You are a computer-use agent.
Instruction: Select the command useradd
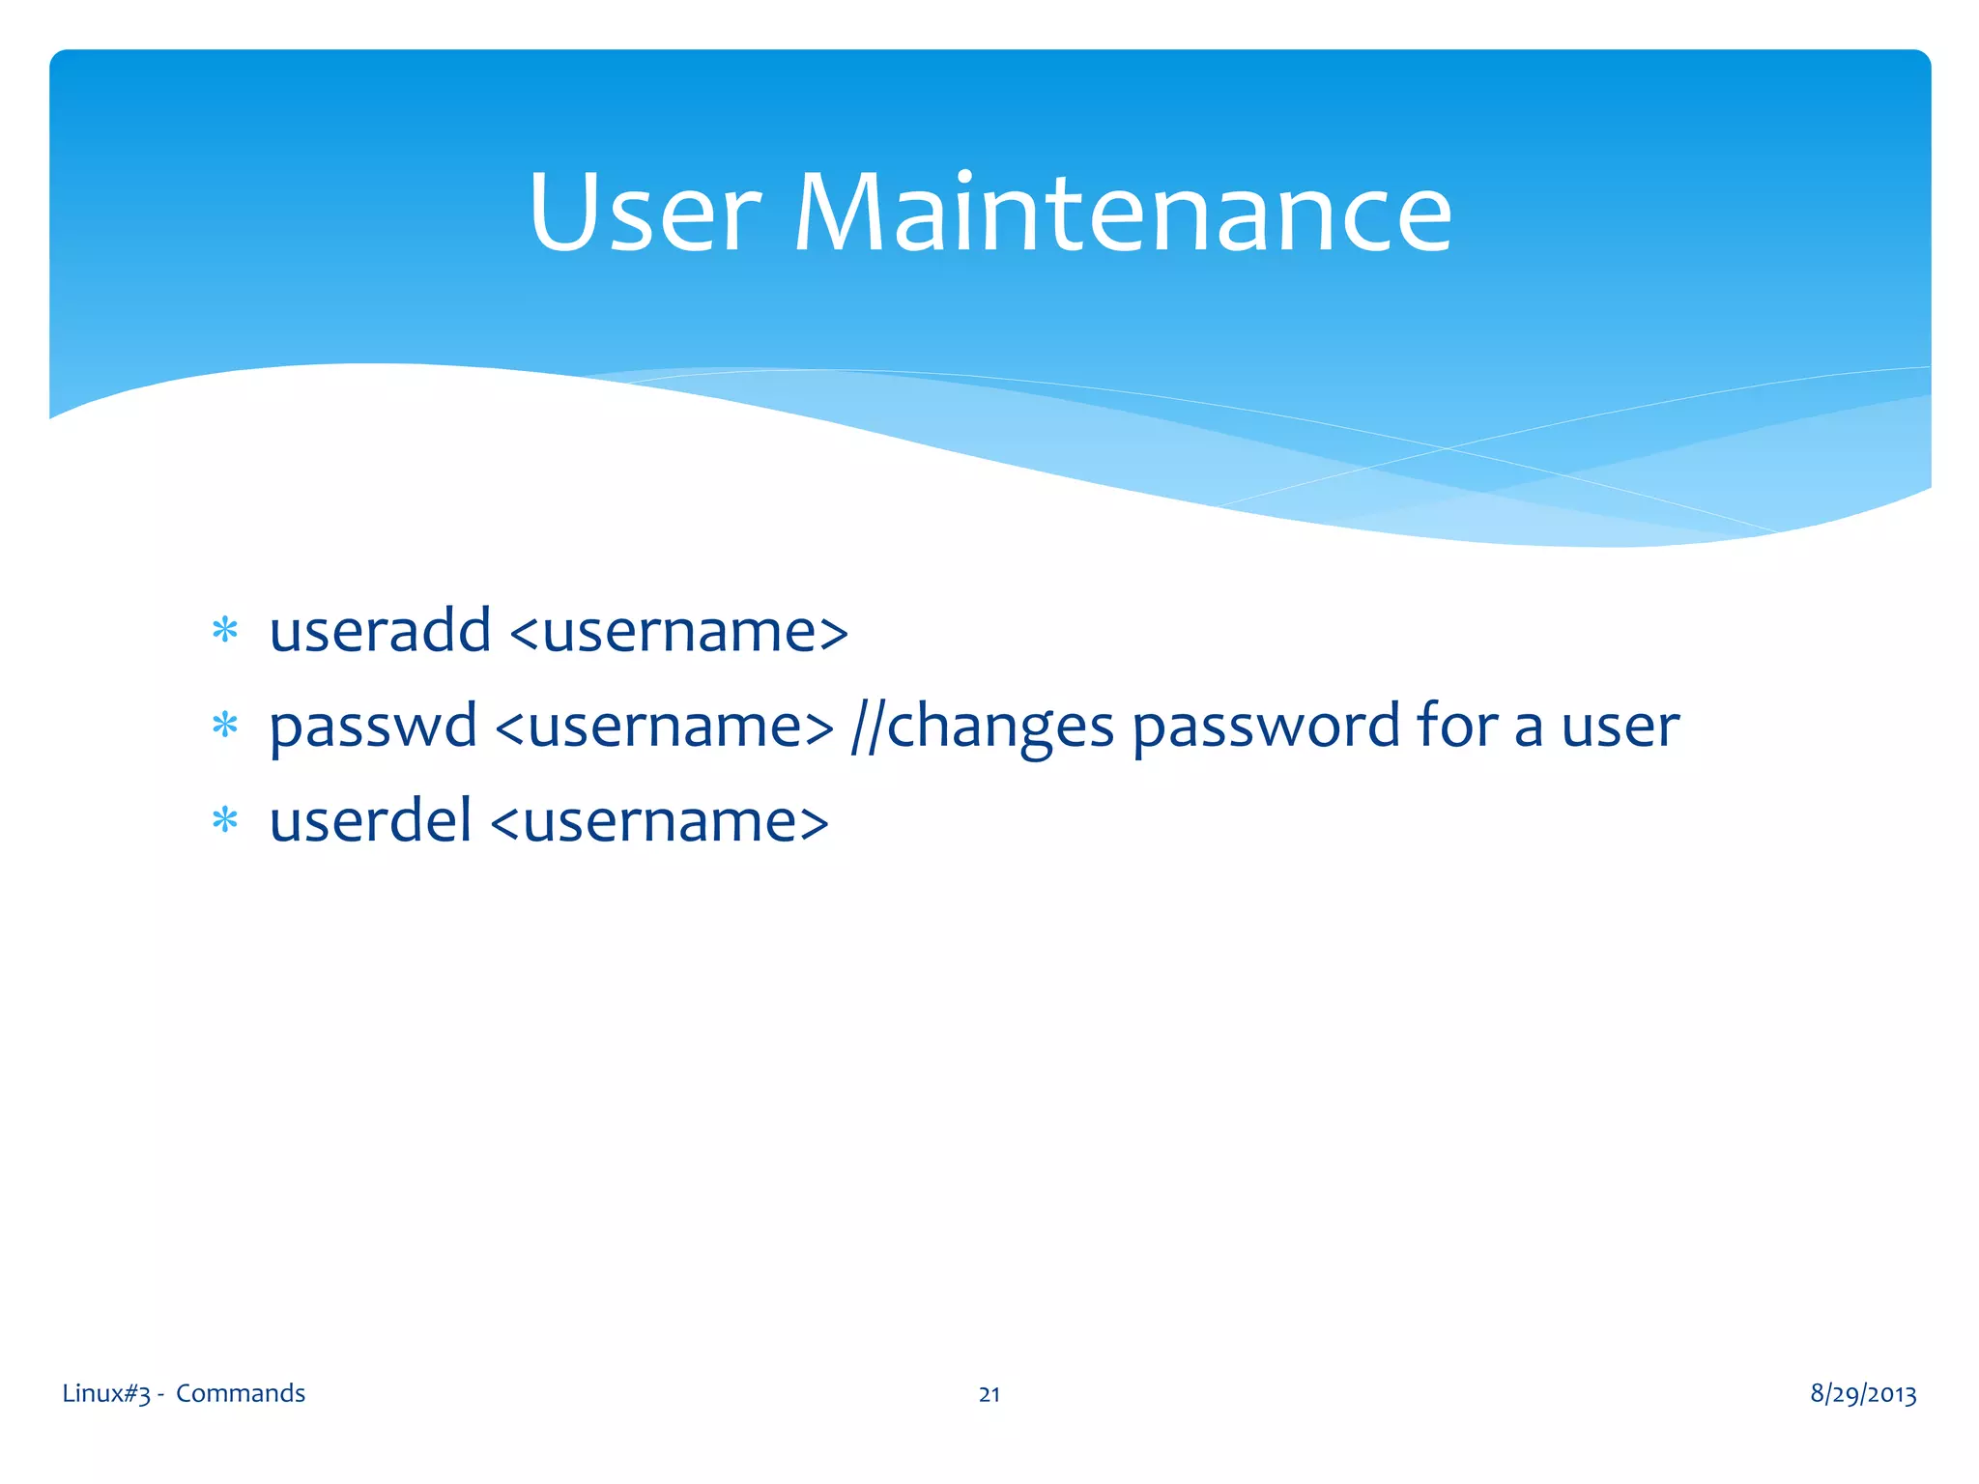click(x=380, y=631)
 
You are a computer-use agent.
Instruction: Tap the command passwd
click(x=373, y=727)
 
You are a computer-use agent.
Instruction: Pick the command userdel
click(x=370, y=821)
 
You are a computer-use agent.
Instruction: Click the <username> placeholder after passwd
click(x=664, y=727)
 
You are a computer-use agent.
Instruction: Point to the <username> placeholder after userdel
click(x=659, y=822)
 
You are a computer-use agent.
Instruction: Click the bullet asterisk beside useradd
click(x=224, y=631)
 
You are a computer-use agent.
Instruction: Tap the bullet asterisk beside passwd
click(x=224, y=726)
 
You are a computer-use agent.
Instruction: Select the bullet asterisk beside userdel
click(x=224, y=821)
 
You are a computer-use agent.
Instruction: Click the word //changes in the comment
click(x=983, y=727)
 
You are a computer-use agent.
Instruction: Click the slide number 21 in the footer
click(x=989, y=1394)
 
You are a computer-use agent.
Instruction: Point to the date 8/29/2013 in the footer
click(x=1863, y=1393)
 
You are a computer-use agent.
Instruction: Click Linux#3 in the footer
click(x=106, y=1393)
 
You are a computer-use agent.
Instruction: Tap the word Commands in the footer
click(x=241, y=1393)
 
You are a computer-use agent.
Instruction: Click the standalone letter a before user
click(x=1529, y=729)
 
